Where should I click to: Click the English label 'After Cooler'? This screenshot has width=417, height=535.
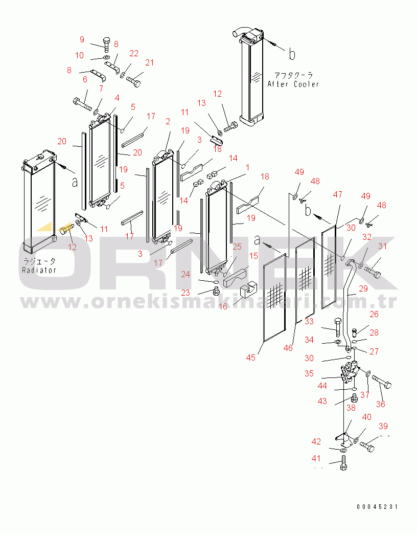point(293,84)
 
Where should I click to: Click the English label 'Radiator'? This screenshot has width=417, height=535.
point(39,270)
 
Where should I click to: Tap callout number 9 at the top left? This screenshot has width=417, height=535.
point(82,39)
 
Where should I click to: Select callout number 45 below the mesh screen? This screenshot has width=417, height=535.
point(250,358)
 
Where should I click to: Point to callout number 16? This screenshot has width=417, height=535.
point(223,307)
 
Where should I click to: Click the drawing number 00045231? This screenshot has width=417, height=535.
point(377,507)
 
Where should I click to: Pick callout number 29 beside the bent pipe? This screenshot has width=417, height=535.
point(363,288)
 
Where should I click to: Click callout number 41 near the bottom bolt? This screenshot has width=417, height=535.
point(316,459)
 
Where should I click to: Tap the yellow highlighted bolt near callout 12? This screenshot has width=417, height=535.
point(66,229)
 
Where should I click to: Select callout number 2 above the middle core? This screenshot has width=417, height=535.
point(168,121)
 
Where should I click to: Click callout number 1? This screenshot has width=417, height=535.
point(247,168)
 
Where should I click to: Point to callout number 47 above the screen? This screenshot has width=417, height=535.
point(338,194)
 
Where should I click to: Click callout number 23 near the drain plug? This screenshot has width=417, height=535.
point(186,293)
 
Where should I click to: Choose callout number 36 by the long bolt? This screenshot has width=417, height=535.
point(381,405)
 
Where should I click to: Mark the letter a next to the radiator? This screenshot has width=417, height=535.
point(75,183)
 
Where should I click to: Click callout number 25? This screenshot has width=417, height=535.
point(237,247)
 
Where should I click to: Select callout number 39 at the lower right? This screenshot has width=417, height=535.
point(383,426)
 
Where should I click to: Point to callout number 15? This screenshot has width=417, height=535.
point(253,256)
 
